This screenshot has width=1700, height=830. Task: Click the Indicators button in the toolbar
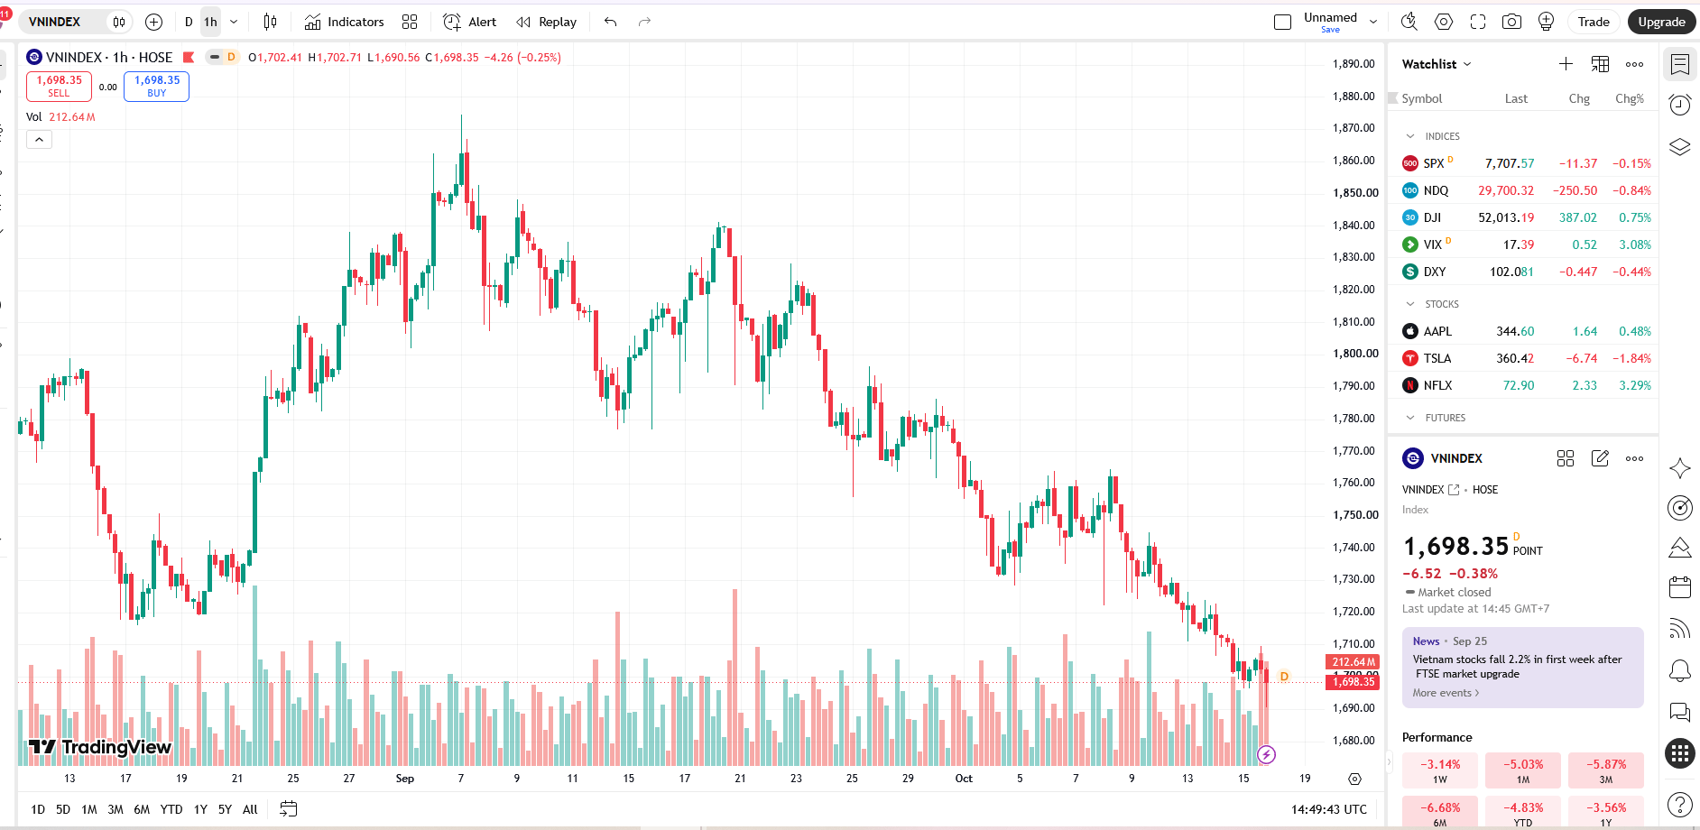point(344,22)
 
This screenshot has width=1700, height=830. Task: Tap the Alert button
point(470,22)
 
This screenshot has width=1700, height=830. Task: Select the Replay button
point(546,22)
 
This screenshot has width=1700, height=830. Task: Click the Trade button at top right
point(1594,22)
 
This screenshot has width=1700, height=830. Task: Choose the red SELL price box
point(59,86)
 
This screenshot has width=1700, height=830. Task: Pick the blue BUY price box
point(156,86)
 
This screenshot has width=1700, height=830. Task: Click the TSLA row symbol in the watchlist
point(1437,358)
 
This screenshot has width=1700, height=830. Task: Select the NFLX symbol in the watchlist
point(1438,385)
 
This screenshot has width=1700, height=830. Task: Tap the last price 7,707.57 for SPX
point(1510,163)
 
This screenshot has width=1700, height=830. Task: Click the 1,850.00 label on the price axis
point(1355,192)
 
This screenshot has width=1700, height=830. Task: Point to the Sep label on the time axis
point(405,779)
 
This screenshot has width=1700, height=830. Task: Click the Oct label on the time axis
point(964,779)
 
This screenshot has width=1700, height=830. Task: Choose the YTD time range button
point(171,809)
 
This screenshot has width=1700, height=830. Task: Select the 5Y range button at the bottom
point(225,809)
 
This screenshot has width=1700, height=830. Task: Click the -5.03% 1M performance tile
point(1523,770)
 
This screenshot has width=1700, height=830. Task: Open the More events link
point(1446,693)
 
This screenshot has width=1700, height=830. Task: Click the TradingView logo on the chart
point(100,747)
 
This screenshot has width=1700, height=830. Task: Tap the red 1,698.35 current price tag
point(1352,682)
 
